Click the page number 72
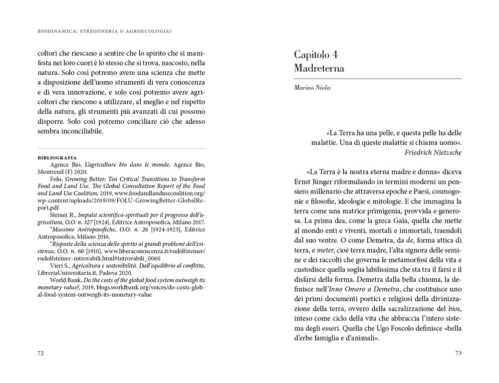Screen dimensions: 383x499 pos(41,354)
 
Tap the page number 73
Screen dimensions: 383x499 pos(458,354)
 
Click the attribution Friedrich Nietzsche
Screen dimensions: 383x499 pos(433,152)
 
